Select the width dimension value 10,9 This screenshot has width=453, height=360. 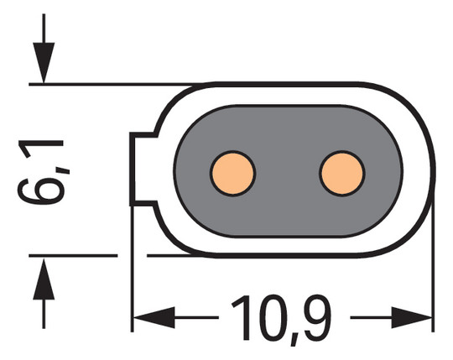tap(280, 317)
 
